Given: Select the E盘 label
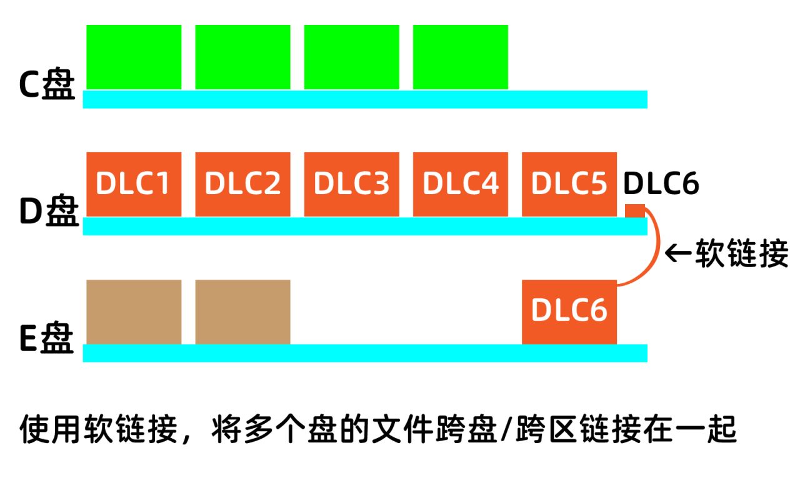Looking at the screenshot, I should pyautogui.click(x=47, y=341).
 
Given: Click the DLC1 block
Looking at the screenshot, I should pyautogui.click(x=134, y=184).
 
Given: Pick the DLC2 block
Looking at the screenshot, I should pyautogui.click(x=242, y=184).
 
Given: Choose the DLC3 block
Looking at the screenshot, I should pyautogui.click(x=351, y=184).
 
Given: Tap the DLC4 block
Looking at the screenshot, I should pyautogui.click(x=460, y=184).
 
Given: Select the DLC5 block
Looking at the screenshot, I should pyautogui.click(x=569, y=184).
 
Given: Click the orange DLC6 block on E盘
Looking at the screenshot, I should pyautogui.click(x=569, y=311).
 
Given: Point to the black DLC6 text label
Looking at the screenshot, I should pyautogui.click(x=661, y=184).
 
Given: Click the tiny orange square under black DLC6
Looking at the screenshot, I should pyautogui.click(x=634, y=211).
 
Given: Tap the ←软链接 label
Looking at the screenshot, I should pyautogui.click(x=726, y=255).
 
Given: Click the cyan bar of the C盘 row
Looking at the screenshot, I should pyautogui.click(x=365, y=99).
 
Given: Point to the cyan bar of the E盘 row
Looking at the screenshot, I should pyautogui.click(x=365, y=353).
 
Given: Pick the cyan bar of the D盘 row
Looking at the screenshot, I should pyautogui.click(x=365, y=226).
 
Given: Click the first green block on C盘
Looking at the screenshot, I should pyautogui.click(x=134, y=57).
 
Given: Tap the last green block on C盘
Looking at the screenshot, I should pyautogui.click(x=460, y=57).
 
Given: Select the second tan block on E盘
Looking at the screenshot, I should pyautogui.click(x=242, y=311).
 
